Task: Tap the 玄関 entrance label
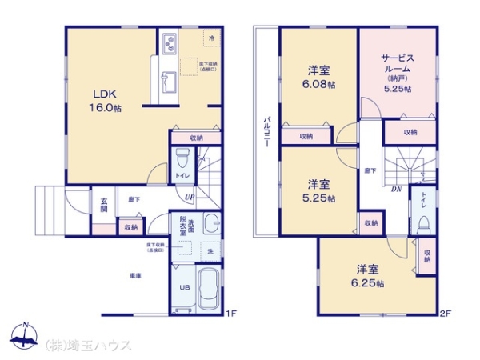103,204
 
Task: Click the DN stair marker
395,190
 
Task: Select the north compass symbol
26,334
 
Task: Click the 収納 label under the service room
410,132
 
